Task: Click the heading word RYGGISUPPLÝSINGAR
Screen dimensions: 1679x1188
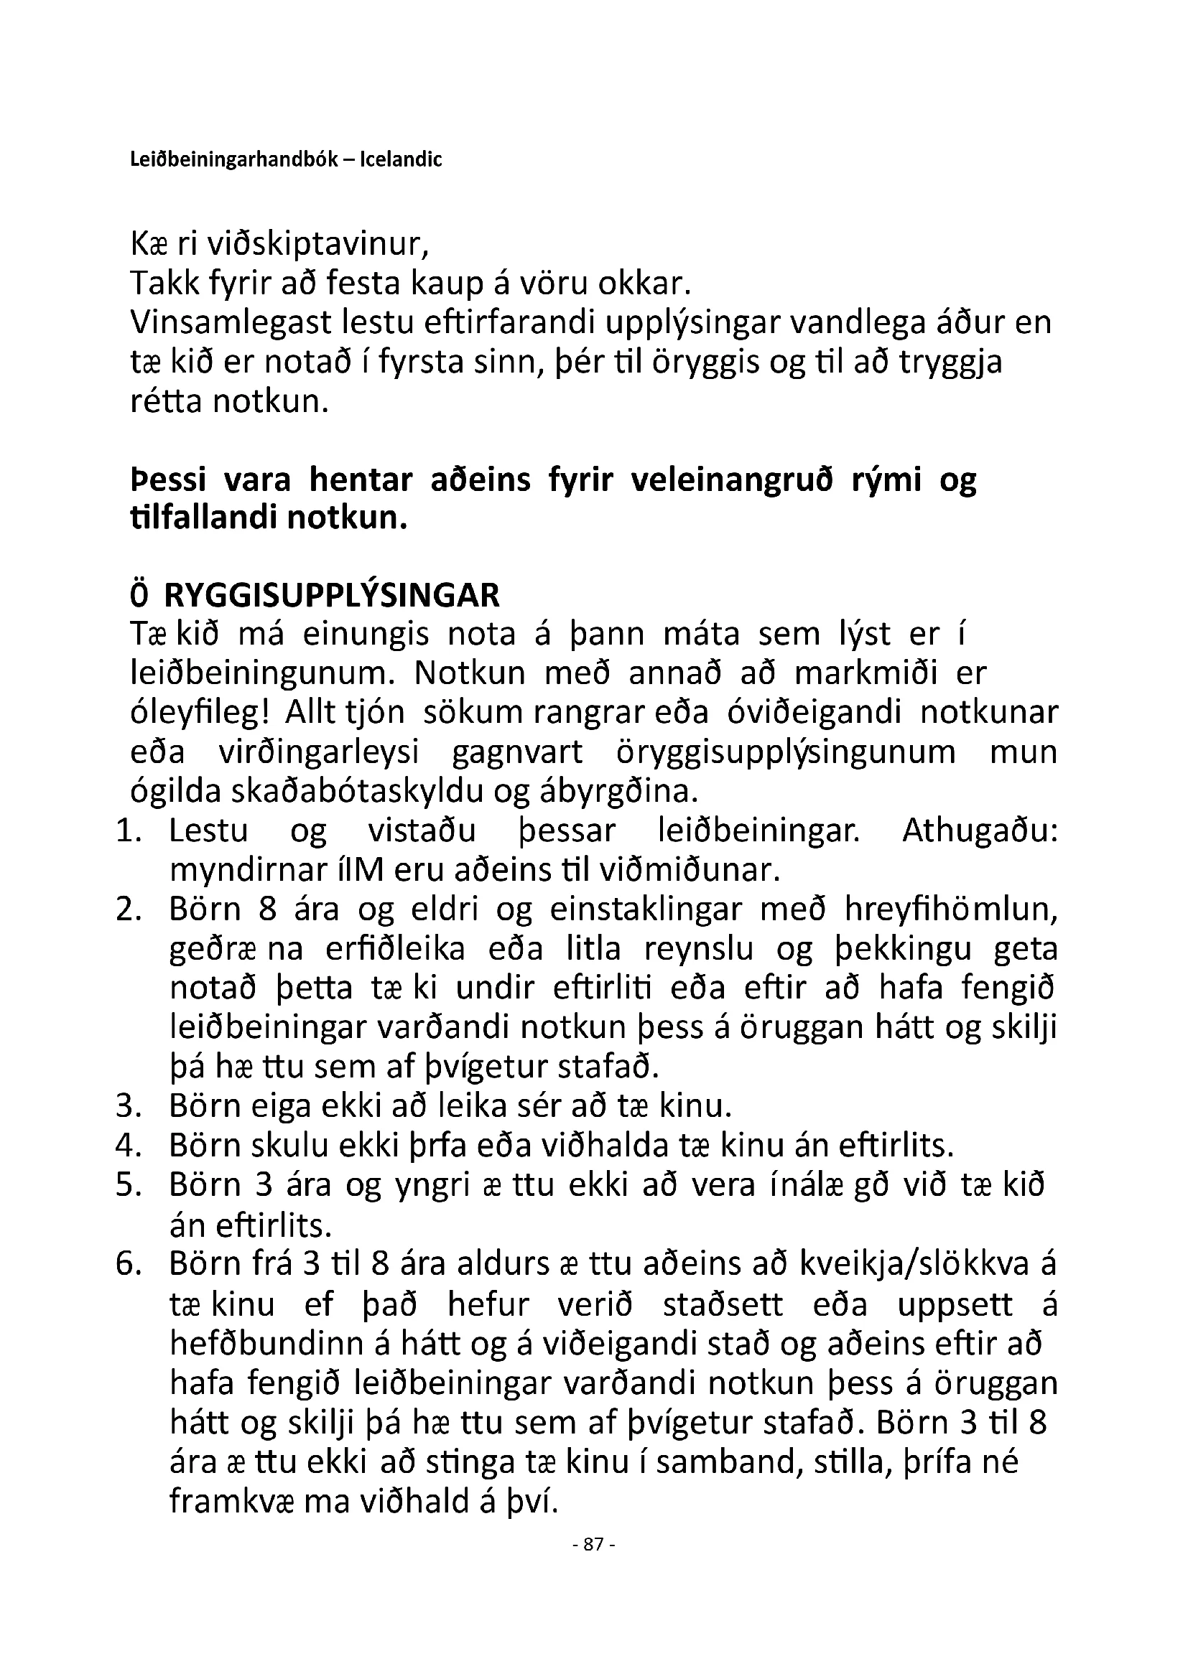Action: (331, 596)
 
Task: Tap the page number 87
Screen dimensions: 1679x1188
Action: (594, 1545)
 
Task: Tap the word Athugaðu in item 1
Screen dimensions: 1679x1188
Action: (980, 831)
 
